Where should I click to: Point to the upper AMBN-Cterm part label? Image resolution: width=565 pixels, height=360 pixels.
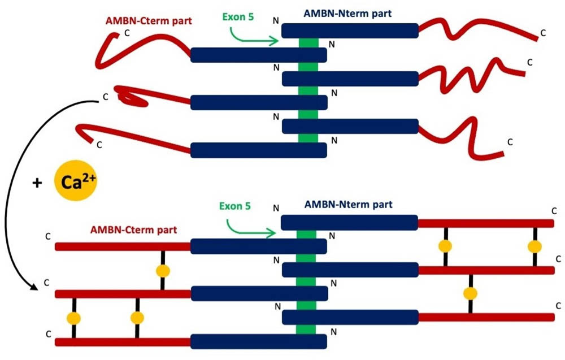coord(149,21)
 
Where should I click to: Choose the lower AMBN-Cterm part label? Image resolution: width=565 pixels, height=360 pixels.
coord(133,230)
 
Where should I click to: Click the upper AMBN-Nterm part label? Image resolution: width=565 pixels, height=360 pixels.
coord(345,12)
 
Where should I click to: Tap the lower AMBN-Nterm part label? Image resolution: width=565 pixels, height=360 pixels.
coord(348,204)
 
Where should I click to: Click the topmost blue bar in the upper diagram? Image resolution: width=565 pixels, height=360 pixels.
coord(350,31)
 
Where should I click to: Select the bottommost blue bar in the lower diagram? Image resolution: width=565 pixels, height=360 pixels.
coord(258,341)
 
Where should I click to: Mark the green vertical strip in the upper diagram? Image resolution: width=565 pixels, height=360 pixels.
coord(308,90)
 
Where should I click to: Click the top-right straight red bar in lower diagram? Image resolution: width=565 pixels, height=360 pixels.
coord(486,223)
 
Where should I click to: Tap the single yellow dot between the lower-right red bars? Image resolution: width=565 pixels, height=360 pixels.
coord(470,293)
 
